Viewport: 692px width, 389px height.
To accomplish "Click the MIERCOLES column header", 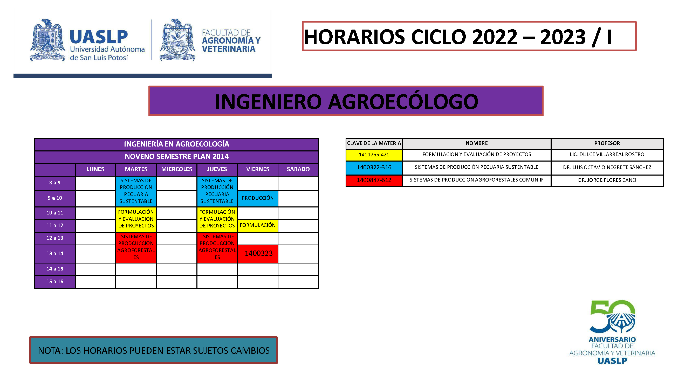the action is (x=176, y=169).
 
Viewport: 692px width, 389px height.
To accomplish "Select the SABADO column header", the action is (x=298, y=169).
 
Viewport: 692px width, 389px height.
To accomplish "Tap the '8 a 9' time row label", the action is (x=55, y=183).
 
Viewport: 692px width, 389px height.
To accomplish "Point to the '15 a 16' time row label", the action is (x=55, y=282).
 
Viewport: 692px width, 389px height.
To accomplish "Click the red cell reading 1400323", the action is (x=258, y=253).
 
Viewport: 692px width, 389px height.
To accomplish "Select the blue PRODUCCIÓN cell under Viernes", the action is (x=258, y=198).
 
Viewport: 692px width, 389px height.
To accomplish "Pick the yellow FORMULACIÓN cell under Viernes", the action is (x=258, y=225).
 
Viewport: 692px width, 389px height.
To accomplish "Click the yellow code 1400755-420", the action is (x=374, y=155).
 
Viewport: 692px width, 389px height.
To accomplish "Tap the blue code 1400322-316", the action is (x=374, y=168).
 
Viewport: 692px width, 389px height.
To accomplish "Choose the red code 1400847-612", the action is (x=374, y=180).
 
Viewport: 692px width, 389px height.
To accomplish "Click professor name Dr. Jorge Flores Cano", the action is (x=607, y=180).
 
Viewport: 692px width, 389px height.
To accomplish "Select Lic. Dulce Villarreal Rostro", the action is (x=607, y=155).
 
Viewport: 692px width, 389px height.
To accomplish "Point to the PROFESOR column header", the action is (x=607, y=143).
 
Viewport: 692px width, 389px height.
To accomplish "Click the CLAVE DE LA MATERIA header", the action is (x=374, y=143).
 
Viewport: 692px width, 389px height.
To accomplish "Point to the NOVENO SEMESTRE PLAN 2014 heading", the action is (x=176, y=157).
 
